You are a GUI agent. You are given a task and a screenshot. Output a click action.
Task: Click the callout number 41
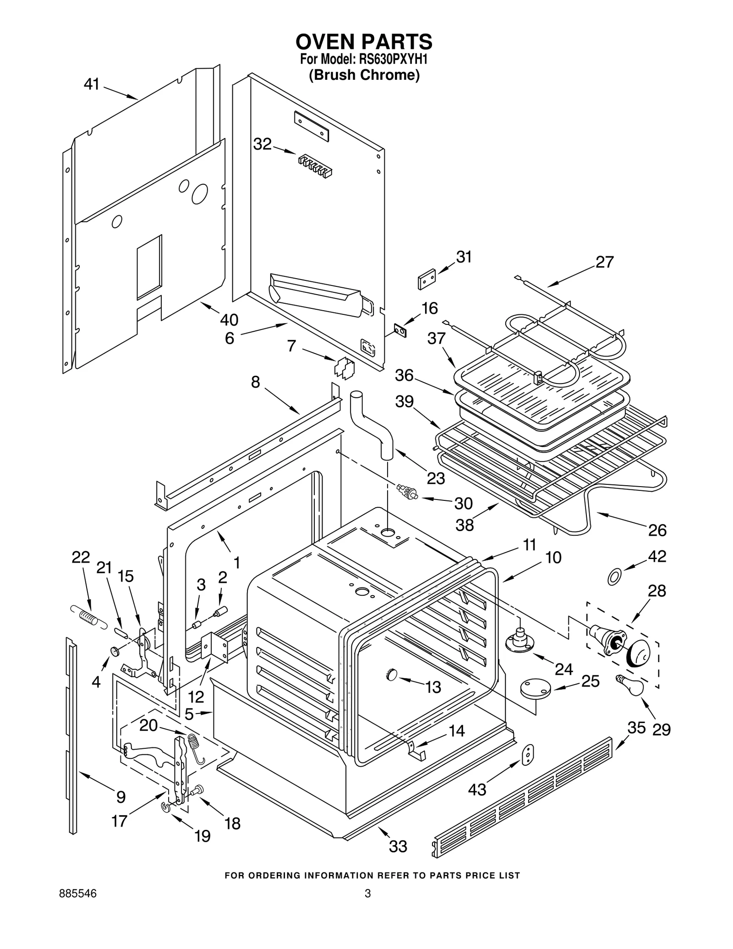tap(92, 84)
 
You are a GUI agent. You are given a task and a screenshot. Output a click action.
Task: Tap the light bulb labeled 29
tap(631, 686)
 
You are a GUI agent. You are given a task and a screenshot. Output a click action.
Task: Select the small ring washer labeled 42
tap(614, 577)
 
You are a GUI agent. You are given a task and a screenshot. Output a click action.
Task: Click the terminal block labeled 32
tap(315, 166)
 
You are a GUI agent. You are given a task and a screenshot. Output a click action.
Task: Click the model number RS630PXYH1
tap(394, 59)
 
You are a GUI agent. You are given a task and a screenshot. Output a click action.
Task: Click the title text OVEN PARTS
tap(364, 42)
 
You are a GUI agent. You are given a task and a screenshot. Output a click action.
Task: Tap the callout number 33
tap(398, 846)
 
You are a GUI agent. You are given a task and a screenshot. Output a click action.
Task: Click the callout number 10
tap(553, 558)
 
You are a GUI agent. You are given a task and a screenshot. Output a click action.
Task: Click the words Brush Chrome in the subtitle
tap(364, 75)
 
